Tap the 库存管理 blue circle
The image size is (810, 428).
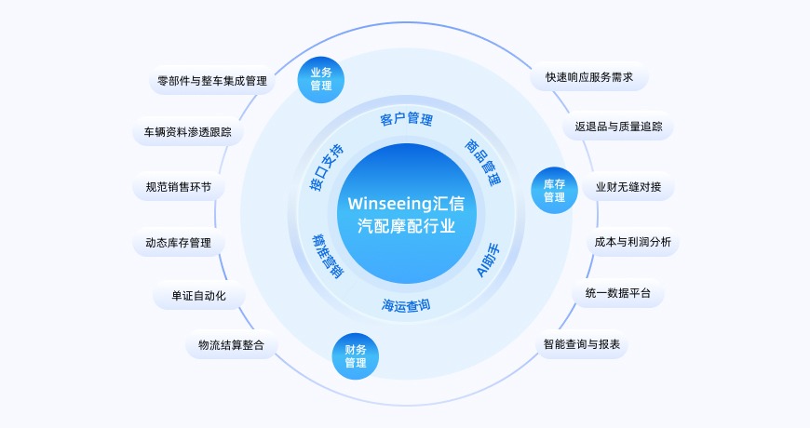point(554,191)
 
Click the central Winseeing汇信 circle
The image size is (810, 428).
point(406,214)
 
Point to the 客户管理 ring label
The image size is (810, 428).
point(406,119)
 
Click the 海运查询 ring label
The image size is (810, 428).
point(406,304)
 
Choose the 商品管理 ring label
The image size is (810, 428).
point(482,164)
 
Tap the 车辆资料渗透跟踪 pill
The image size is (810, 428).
point(187,132)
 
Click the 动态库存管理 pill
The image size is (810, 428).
point(178,244)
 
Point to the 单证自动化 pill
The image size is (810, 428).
point(198,297)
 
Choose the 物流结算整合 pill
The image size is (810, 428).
point(231,345)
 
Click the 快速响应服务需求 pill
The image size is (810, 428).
point(589,77)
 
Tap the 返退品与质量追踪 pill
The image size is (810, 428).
point(618,127)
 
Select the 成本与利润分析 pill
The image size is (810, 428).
point(632,243)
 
